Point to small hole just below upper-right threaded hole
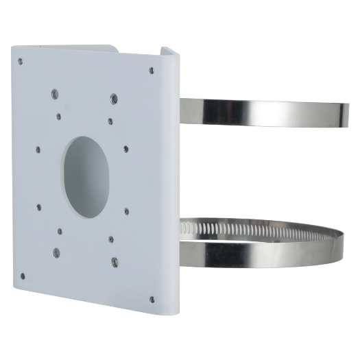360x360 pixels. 110,121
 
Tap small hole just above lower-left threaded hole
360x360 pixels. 60,230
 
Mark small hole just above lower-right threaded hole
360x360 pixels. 110,239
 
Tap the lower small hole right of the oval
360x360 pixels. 126,211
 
